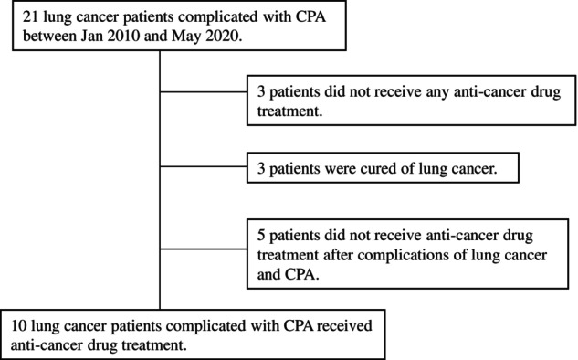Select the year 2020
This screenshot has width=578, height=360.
(222, 37)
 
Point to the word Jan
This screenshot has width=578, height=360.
(92, 37)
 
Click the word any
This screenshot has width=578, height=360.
(437, 92)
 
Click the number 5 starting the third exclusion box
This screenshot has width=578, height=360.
(261, 236)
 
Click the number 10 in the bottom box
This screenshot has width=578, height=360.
(18, 326)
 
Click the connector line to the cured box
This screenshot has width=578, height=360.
(204, 166)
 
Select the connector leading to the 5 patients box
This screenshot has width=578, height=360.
(204, 249)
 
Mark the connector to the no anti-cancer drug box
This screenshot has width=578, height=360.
(204, 92)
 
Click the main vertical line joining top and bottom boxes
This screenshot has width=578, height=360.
(160, 180)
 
